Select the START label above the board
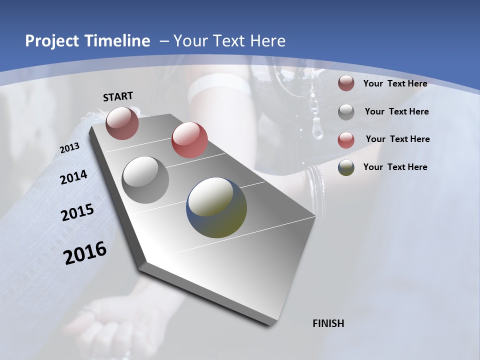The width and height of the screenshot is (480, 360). [x=118, y=96]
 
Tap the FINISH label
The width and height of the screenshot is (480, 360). [x=328, y=323]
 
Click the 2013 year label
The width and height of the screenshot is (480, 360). [x=70, y=148]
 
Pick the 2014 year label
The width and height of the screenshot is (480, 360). [x=74, y=177]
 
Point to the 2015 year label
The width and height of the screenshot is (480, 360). [x=77, y=212]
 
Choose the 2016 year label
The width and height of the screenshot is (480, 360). [x=85, y=253]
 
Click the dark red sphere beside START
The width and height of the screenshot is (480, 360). [x=122, y=123]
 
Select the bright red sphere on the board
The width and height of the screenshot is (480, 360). [x=189, y=140]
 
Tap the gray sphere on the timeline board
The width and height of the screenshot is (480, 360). [x=145, y=179]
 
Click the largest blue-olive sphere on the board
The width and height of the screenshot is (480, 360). [x=216, y=207]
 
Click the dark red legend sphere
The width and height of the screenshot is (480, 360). [x=346, y=83]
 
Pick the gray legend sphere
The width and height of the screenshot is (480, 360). [x=346, y=112]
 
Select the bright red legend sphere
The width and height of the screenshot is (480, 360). [x=346, y=140]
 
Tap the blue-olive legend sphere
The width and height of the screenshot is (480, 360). [x=346, y=167]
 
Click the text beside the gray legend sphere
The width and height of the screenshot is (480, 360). [x=396, y=111]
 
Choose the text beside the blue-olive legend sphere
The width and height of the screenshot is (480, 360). [x=395, y=167]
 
